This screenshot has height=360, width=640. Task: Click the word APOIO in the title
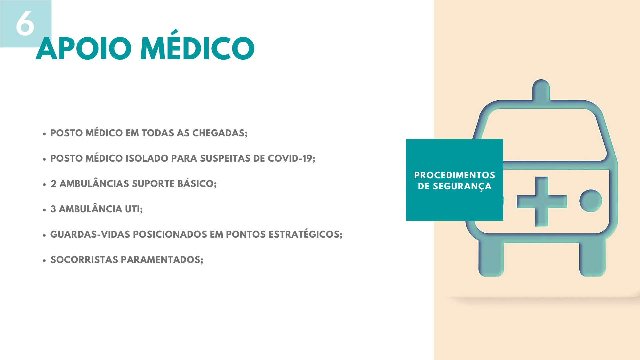84,49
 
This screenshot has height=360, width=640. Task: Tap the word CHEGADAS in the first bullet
220,133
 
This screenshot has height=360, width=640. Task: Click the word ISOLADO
147,158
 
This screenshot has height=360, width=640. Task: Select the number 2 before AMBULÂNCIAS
53,184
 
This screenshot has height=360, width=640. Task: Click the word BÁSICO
197,183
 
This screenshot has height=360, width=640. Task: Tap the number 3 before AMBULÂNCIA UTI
53,209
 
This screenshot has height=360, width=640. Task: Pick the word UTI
134,209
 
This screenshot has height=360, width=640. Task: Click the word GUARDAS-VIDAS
90,234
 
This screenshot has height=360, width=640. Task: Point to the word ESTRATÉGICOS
305,234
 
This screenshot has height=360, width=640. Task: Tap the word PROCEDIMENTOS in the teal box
455,175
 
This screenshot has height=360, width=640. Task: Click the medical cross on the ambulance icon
542,201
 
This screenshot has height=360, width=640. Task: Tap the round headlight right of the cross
591,201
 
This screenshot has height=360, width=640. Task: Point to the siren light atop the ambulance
541,89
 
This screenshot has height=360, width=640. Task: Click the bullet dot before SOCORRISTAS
44,260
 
